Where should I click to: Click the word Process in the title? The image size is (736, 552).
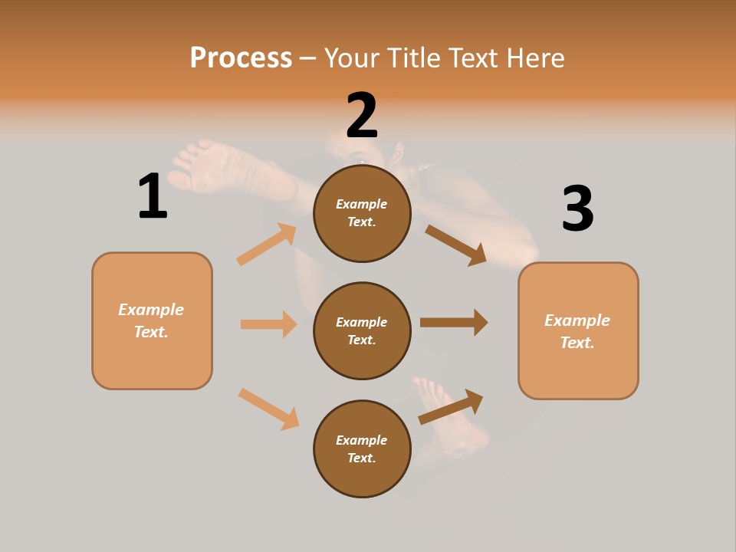[x=241, y=58]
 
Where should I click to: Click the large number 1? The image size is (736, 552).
[x=153, y=196]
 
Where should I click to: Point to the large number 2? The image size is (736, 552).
[x=362, y=116]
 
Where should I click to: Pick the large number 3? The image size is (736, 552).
[x=577, y=209]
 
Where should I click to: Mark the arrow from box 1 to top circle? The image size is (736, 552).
[x=266, y=245]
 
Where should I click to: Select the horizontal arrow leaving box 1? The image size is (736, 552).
[x=268, y=324]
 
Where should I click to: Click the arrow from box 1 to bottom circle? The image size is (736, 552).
[x=268, y=409]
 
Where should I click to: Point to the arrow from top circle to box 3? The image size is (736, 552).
[x=455, y=245]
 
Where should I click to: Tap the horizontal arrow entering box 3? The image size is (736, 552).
[x=454, y=323]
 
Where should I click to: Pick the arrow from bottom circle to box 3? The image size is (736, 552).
[x=451, y=406]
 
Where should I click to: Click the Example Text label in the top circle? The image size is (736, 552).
[x=362, y=213]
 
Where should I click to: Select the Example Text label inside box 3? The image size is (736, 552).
[x=577, y=331]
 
